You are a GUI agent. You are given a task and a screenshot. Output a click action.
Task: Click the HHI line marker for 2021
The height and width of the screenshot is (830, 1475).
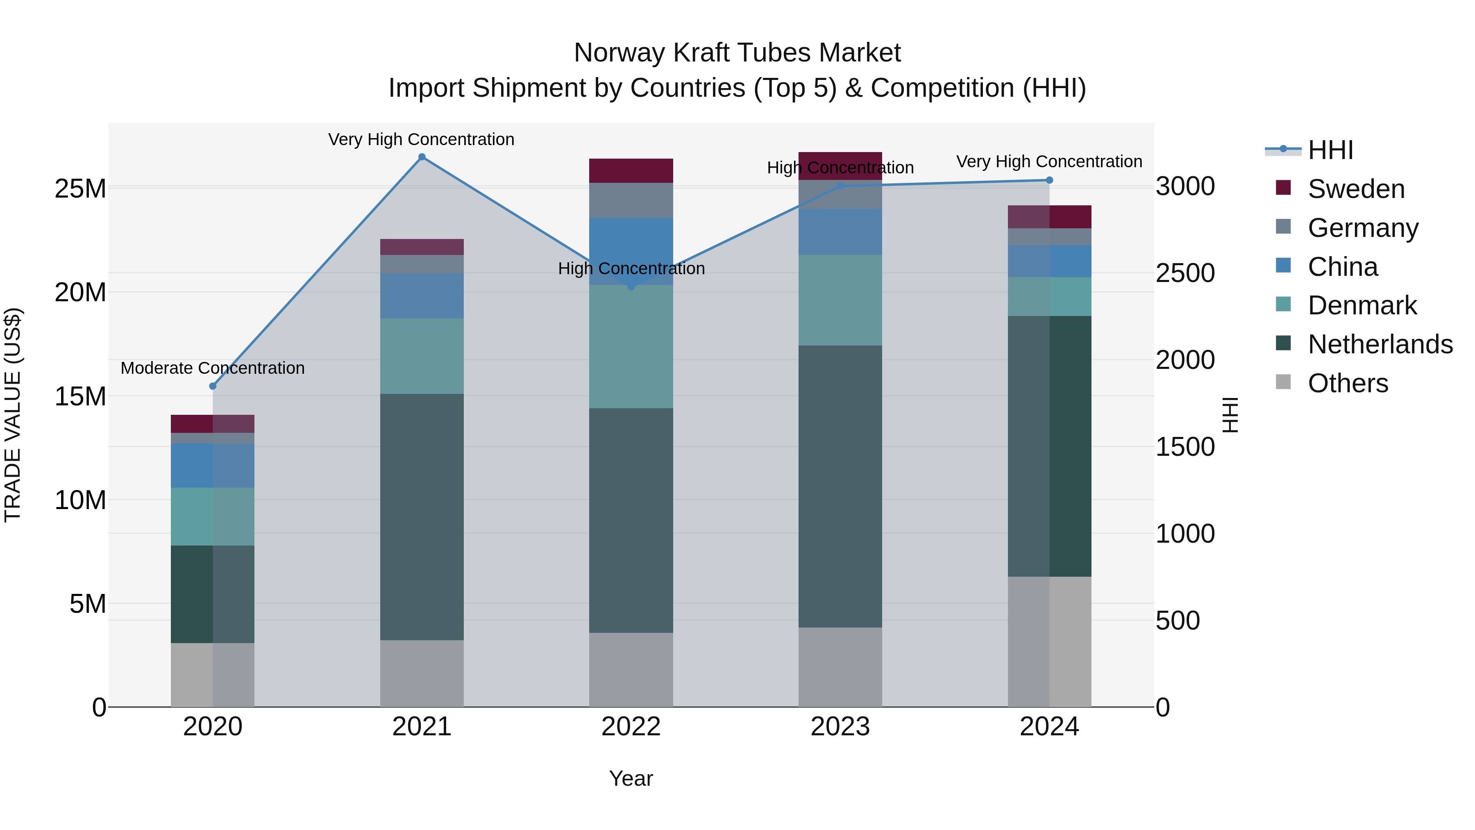pos(422,157)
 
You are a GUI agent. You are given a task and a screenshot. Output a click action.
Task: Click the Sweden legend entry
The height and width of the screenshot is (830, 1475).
pos(1355,189)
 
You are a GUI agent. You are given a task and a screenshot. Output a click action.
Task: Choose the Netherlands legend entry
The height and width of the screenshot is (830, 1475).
pos(1380,344)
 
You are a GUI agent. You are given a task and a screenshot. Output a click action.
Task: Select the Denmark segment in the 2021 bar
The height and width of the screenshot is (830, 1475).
pos(422,356)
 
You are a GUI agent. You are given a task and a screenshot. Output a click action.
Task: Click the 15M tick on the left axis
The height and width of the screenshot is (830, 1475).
pos(80,396)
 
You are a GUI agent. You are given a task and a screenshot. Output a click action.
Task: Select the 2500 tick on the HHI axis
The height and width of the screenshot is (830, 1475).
pos(1185,273)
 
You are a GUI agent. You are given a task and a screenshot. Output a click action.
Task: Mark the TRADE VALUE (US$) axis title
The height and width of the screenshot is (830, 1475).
pos(13,415)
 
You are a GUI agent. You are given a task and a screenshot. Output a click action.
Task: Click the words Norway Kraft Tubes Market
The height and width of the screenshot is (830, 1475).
pos(737,53)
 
